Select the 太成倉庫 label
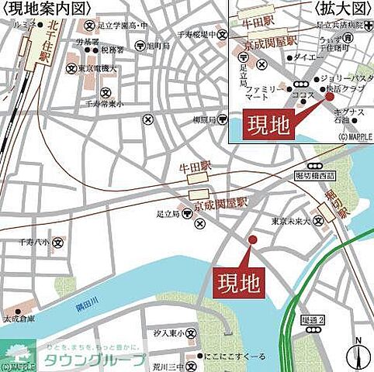tap(23, 319)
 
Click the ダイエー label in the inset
tap(309, 57)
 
